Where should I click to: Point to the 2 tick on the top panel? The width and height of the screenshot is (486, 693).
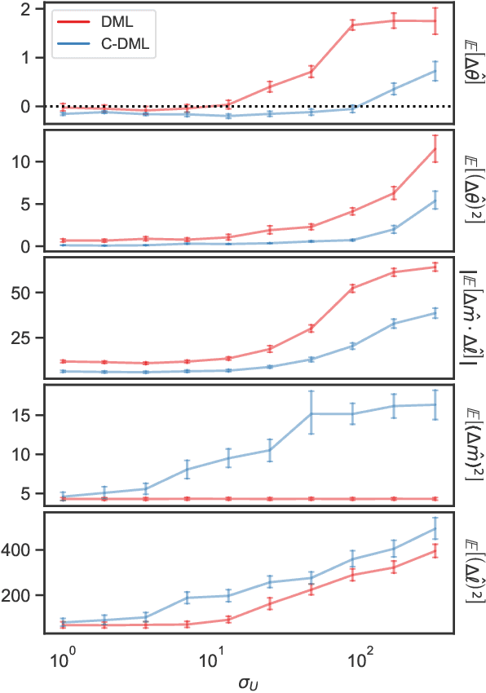pos(35,10)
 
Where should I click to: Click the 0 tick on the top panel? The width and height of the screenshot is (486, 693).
pos(35,107)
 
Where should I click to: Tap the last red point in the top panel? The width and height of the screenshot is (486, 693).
pos(435,21)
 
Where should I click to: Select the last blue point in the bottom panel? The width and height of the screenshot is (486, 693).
pos(435,529)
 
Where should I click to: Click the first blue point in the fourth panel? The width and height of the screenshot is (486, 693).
pos(64,497)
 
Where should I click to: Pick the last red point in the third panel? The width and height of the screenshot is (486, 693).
pos(435,267)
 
